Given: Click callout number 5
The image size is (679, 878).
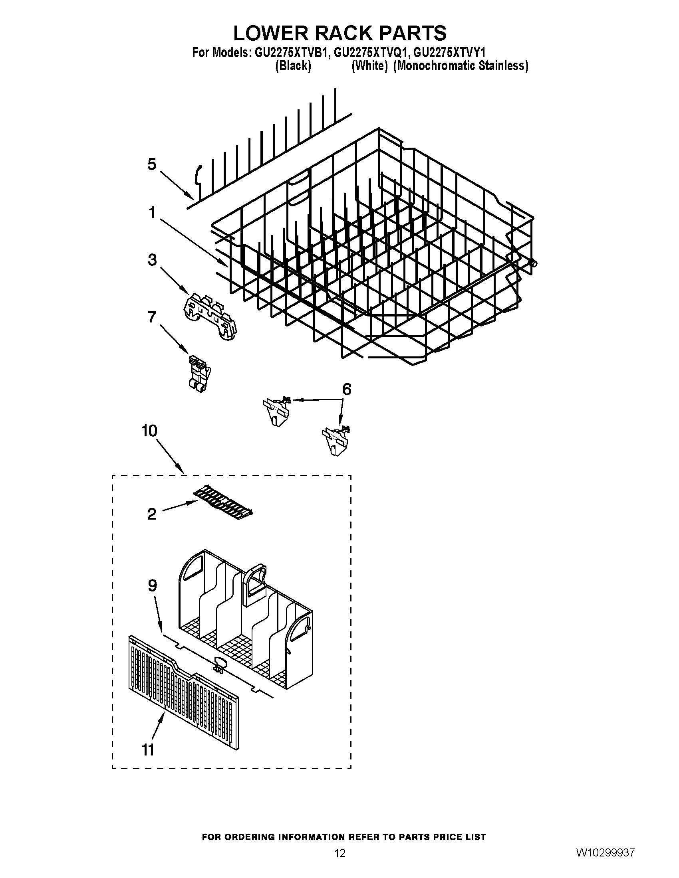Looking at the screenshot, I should [152, 164].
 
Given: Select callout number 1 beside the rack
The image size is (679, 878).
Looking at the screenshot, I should [152, 213].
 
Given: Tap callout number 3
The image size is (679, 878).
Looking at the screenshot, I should [152, 260].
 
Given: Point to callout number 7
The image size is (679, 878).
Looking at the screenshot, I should [152, 317].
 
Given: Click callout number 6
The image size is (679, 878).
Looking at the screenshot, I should [346, 389].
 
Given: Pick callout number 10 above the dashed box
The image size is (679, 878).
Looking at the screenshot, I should [149, 431].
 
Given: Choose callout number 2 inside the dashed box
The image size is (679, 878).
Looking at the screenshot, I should [152, 514].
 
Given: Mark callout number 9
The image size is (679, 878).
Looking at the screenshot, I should [152, 586].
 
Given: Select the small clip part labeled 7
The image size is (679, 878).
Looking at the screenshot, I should [199, 373].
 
